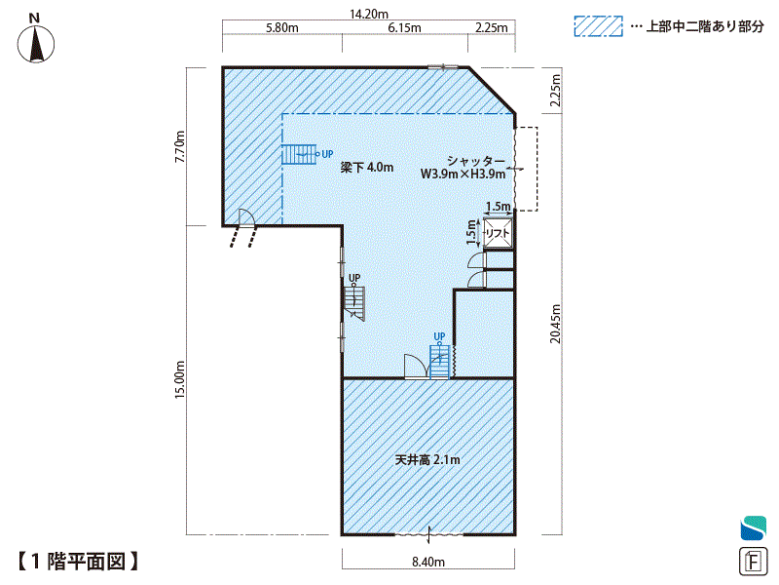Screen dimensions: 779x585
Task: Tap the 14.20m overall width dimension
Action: (369, 14)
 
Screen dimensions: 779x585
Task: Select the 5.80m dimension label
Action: (282, 28)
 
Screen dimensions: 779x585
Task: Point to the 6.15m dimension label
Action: (404, 28)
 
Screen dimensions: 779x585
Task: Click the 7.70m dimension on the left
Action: (180, 146)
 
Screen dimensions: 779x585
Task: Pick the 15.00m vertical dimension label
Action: (180, 379)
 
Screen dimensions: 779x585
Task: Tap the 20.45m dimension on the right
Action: (555, 324)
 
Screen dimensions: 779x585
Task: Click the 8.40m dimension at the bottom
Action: (428, 563)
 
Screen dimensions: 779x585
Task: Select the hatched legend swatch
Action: (598, 26)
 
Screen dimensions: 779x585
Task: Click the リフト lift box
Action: (498, 233)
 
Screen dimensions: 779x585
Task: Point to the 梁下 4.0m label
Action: (367, 167)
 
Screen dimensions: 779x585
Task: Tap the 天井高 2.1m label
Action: (427, 459)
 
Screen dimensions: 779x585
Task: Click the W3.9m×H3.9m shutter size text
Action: (464, 175)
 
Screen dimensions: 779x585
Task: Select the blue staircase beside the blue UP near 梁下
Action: (299, 154)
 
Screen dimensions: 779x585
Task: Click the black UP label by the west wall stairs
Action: (354, 278)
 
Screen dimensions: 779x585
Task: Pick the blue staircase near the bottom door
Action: (439, 362)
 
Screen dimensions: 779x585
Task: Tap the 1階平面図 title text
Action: (78, 562)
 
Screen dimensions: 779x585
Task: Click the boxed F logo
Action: (753, 562)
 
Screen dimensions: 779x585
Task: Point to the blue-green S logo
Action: (753, 528)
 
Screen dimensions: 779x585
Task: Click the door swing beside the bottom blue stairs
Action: (417, 367)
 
